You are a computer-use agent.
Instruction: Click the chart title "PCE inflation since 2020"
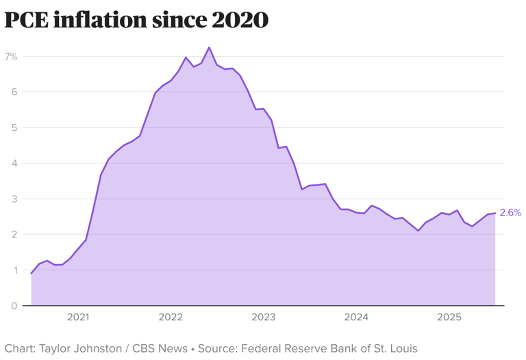coord(136,20)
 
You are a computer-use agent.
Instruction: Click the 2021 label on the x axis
coord(78,318)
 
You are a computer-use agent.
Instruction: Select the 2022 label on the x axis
coord(171,318)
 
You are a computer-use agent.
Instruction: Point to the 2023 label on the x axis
coord(264,318)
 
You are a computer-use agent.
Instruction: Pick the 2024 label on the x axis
coord(356,318)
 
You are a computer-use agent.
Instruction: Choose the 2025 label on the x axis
coord(449,318)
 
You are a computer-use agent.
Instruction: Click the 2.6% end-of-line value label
coord(510,213)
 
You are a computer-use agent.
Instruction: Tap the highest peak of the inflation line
coord(209,47)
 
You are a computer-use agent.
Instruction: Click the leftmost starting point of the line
coord(32,274)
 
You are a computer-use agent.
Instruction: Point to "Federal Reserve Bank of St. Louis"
coord(328,348)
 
